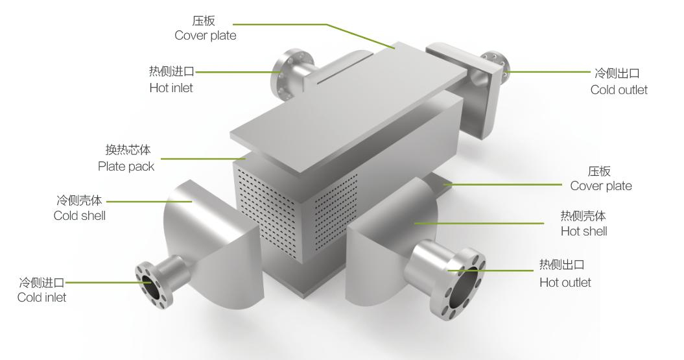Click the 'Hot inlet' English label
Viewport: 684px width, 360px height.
(171, 88)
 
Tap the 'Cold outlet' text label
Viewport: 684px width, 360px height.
(619, 90)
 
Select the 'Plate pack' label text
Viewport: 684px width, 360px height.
(126, 167)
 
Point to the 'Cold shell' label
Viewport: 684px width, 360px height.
(79, 215)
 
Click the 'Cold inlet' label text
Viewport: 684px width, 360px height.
(41, 297)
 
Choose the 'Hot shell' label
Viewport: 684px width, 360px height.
(584, 231)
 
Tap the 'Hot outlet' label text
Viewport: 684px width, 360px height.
(565, 282)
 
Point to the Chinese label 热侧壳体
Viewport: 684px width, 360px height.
(583, 216)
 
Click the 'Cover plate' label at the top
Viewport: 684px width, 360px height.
(205, 36)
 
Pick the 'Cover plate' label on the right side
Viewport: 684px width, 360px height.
(600, 186)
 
